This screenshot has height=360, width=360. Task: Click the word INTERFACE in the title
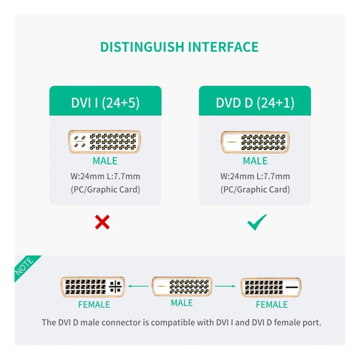click(223, 47)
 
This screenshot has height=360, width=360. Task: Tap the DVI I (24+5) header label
click(106, 103)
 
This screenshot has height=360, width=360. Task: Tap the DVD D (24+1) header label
click(255, 103)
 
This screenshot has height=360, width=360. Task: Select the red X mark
click(102, 222)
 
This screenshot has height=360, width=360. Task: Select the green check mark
click(257, 222)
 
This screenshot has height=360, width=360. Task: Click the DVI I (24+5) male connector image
click(105, 142)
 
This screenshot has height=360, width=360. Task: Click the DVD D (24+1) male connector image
click(255, 142)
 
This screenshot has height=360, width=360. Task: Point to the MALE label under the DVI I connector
click(105, 161)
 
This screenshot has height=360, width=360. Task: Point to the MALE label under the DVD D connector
click(255, 161)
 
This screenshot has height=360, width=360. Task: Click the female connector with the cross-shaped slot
click(93, 287)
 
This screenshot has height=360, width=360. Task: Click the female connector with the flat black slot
click(271, 287)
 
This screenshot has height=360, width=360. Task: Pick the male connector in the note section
click(182, 286)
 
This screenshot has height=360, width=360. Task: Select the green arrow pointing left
click(138, 286)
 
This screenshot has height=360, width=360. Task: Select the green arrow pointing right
click(225, 286)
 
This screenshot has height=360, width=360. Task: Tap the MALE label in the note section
click(182, 303)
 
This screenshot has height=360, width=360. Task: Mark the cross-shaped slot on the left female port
click(115, 287)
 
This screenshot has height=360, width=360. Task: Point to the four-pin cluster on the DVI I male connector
click(80, 142)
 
